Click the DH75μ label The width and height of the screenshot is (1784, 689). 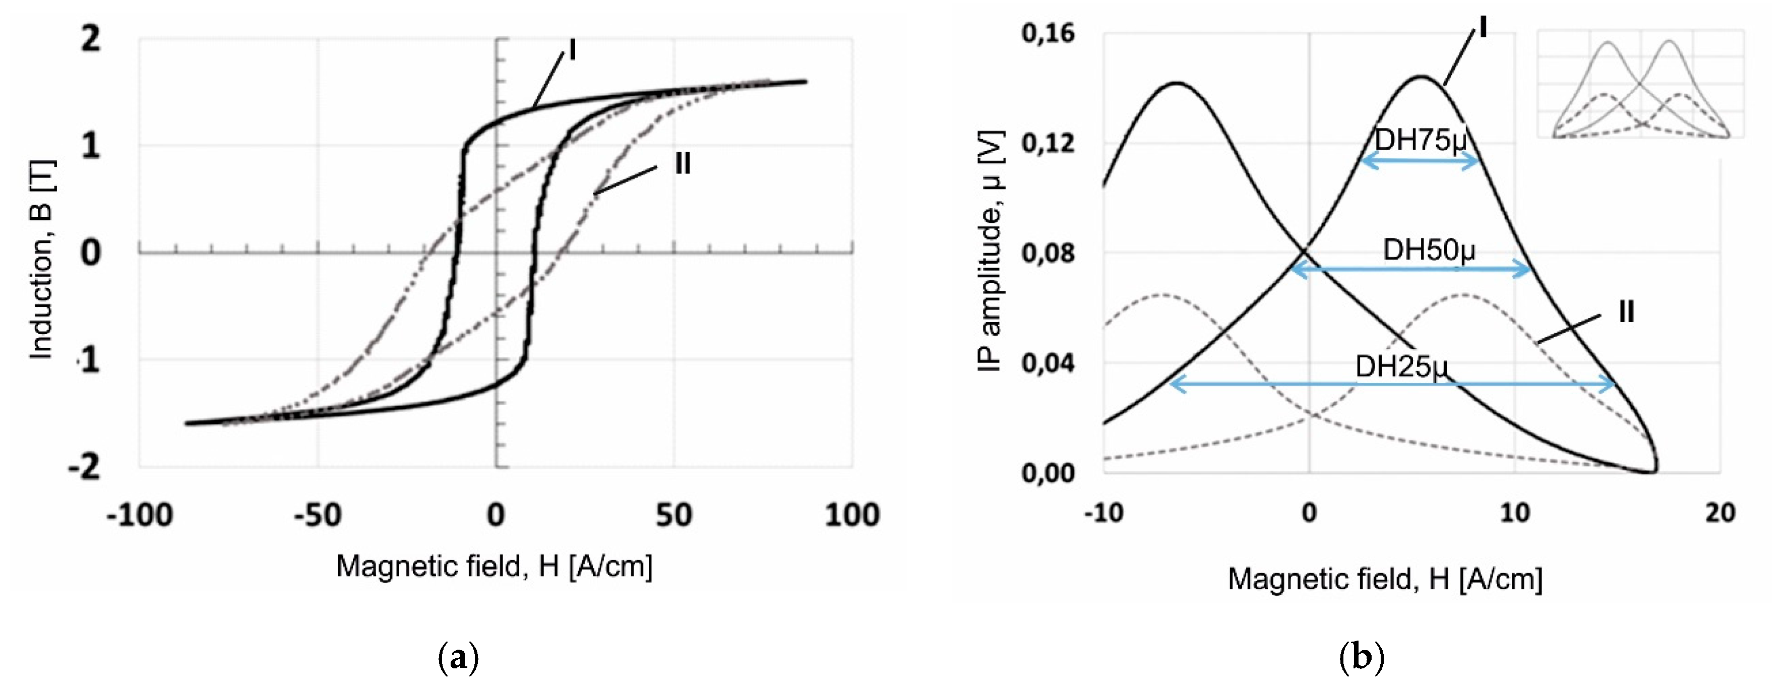(x=1420, y=140)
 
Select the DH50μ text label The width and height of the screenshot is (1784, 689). (x=1429, y=249)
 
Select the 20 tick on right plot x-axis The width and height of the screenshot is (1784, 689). (x=1720, y=513)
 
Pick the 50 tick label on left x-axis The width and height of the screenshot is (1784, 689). (x=673, y=515)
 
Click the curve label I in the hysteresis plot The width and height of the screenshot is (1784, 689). (x=572, y=50)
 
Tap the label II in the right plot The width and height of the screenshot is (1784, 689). (x=1625, y=313)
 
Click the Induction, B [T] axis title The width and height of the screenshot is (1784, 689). (x=41, y=260)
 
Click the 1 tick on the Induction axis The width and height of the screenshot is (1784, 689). (x=90, y=146)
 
